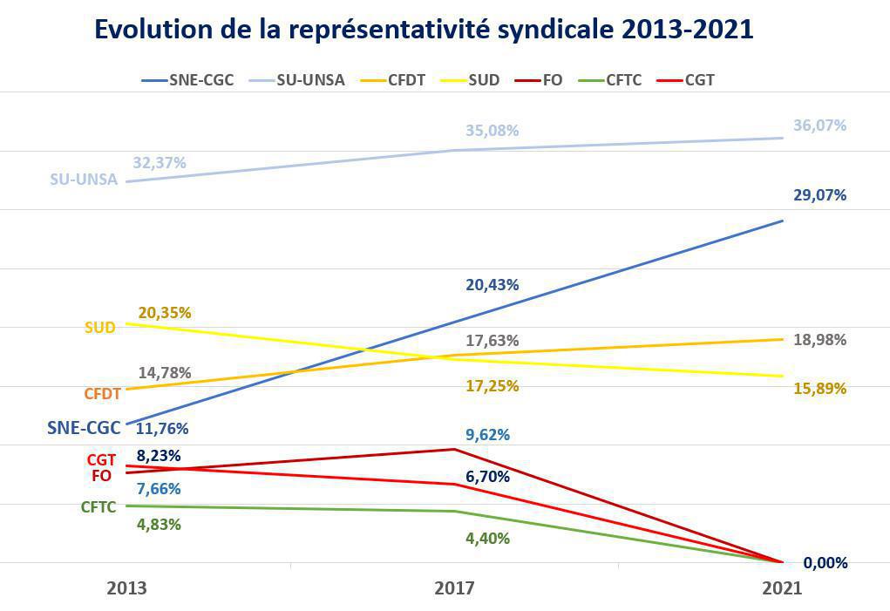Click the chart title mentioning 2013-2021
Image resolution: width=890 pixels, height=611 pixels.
click(x=423, y=29)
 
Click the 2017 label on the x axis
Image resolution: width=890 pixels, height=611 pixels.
click(x=454, y=588)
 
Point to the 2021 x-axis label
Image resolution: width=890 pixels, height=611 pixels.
click(x=781, y=588)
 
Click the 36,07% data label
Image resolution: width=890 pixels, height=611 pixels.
click(x=819, y=126)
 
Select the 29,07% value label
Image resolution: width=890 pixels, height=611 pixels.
click(x=819, y=195)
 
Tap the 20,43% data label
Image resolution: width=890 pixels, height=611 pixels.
click(x=492, y=285)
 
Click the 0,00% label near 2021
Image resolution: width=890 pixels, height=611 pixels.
click(x=825, y=563)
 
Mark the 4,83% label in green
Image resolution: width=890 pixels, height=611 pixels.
click(x=159, y=525)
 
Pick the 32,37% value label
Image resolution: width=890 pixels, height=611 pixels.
click(x=160, y=162)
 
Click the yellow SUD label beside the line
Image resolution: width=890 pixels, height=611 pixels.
click(x=99, y=329)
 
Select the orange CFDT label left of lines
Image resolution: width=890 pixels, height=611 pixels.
click(x=102, y=394)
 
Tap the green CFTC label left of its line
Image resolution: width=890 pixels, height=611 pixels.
click(x=99, y=507)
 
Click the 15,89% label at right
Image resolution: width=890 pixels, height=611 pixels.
click(x=819, y=389)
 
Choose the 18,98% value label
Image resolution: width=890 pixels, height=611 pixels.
click(x=819, y=340)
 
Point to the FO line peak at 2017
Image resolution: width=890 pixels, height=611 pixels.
click(x=454, y=450)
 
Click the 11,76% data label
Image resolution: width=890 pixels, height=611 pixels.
click(x=162, y=429)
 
